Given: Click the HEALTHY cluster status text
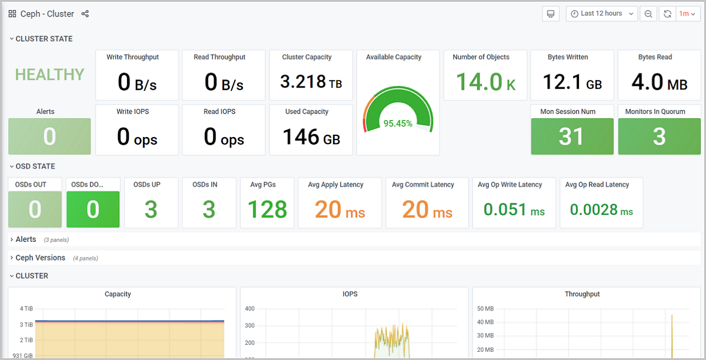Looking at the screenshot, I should click(x=49, y=75).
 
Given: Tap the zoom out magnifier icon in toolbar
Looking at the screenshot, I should click(x=648, y=14).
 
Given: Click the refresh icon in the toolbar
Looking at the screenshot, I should click(x=667, y=14).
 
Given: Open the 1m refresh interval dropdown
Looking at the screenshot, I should click(x=687, y=14).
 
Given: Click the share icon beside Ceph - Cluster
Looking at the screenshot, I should click(x=85, y=14).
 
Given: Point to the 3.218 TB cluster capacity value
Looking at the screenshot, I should click(x=311, y=82).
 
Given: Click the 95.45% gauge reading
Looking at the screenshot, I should click(x=398, y=124).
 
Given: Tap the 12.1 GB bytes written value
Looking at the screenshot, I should click(x=572, y=82).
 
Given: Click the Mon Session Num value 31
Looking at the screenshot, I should click(x=571, y=136).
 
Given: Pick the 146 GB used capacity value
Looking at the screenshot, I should click(x=311, y=136).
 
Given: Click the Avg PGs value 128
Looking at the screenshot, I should click(x=267, y=209).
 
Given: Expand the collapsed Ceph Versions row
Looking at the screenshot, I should click(x=40, y=258).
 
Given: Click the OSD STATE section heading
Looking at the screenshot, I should click(x=35, y=166).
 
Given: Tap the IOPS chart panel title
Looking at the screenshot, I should click(x=349, y=294).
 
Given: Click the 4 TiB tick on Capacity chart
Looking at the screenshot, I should click(x=26, y=309).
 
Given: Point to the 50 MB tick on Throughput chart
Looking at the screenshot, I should click(x=485, y=309).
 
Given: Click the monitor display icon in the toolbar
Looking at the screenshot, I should click(x=551, y=14).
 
